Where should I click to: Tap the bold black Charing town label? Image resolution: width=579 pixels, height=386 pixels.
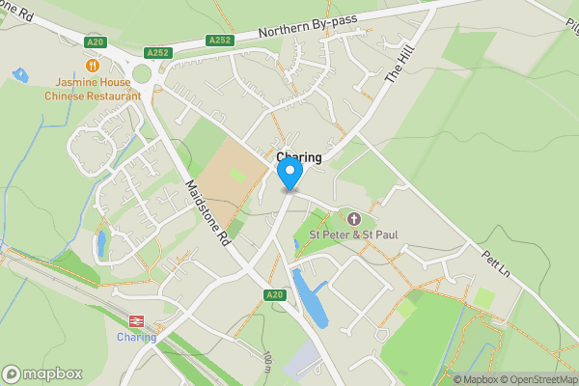(x=299, y=157)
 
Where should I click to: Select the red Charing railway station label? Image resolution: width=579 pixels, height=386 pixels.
(x=136, y=337)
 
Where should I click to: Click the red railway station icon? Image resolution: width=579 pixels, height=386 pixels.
(x=136, y=321)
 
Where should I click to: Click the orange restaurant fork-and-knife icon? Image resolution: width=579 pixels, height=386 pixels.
(x=93, y=66)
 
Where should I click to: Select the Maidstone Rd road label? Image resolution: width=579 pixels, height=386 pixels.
(x=207, y=213)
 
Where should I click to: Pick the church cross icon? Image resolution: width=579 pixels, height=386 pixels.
(x=353, y=219)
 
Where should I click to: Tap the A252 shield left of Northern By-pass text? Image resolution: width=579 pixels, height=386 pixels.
(x=219, y=41)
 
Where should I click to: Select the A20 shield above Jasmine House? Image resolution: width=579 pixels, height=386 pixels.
(x=94, y=41)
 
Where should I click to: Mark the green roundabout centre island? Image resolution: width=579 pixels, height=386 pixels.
(x=144, y=74)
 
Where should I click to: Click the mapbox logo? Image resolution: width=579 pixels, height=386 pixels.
(x=42, y=373)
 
